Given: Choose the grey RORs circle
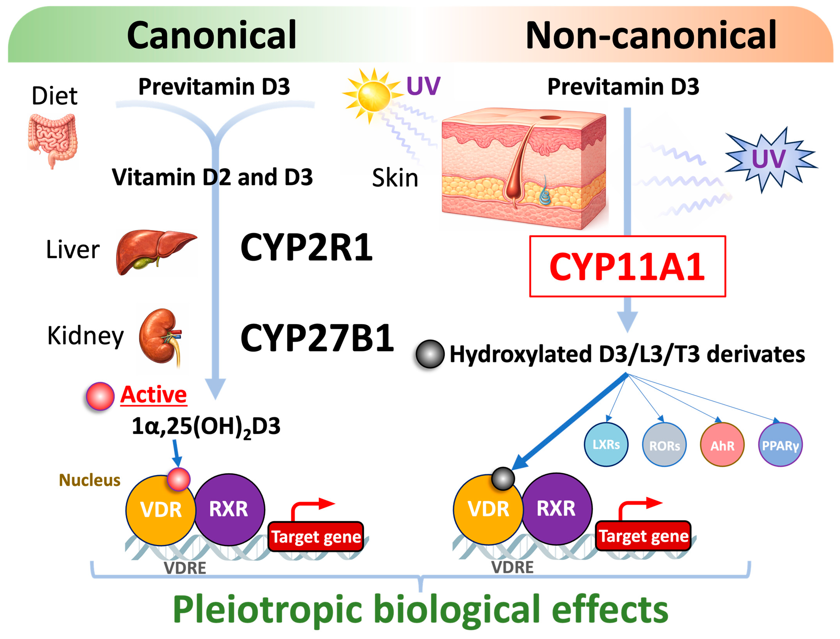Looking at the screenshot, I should coord(664,445).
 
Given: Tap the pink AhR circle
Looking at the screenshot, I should coord(722,445).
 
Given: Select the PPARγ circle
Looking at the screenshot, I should coord(780,445).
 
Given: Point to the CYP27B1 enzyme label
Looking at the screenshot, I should coord(317,338).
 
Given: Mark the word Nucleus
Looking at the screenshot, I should coord(89,480).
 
